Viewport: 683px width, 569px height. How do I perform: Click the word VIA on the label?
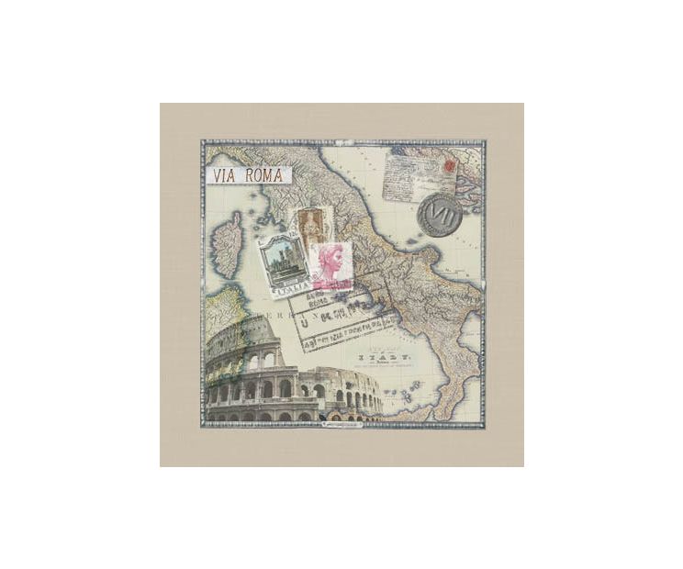224,175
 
